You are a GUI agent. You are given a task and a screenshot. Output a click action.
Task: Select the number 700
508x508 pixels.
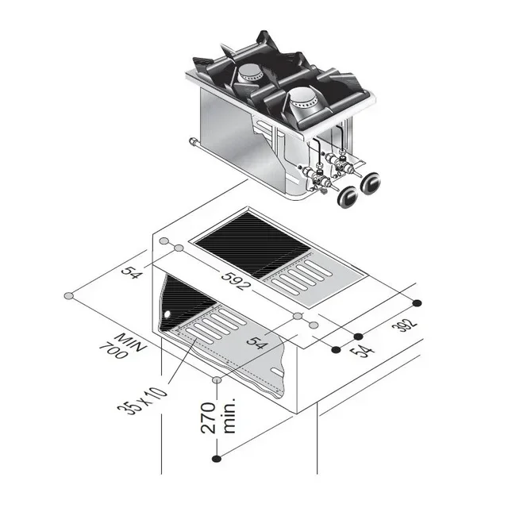tap(114, 349)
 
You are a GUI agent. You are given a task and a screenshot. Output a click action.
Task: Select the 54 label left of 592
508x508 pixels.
tap(131, 272)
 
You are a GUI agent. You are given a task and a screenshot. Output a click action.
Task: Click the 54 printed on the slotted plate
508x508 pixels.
tap(255, 342)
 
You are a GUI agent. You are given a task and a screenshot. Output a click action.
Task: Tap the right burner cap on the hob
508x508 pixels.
tap(302, 98)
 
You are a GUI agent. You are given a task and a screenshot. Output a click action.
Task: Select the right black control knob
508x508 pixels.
tap(371, 184)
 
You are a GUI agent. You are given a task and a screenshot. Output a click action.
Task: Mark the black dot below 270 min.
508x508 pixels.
tap(217, 458)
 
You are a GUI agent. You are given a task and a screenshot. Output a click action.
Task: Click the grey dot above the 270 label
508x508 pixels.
tap(217, 380)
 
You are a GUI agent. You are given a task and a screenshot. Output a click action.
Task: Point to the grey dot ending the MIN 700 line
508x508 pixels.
tap(68, 296)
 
